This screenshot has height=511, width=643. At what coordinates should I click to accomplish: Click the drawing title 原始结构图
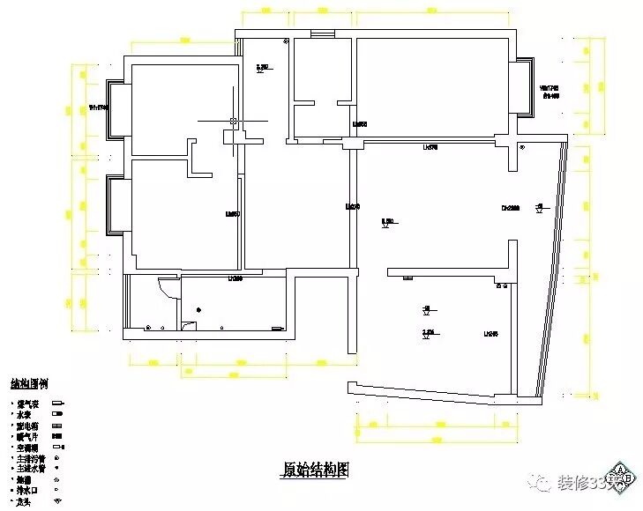click(x=316, y=470)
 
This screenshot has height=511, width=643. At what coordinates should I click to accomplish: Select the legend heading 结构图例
click(x=29, y=384)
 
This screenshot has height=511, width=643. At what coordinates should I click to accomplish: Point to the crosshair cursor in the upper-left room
click(x=232, y=120)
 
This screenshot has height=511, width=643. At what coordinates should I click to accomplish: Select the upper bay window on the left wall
click(x=116, y=108)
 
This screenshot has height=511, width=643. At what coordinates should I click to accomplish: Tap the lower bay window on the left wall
click(x=116, y=204)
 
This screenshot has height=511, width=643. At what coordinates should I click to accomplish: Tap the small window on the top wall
click(x=323, y=35)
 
